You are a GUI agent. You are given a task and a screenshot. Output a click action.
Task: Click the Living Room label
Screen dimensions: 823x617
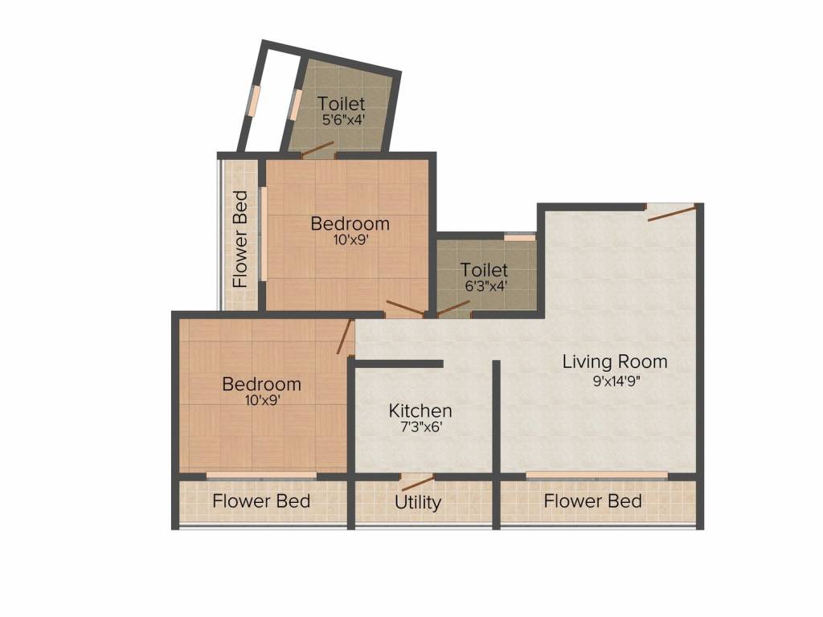615,362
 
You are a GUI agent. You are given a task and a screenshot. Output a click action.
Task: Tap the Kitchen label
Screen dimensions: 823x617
420,411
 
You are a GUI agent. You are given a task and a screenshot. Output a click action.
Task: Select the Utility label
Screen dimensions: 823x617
418,503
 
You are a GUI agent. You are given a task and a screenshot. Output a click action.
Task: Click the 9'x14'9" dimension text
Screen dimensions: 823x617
616,381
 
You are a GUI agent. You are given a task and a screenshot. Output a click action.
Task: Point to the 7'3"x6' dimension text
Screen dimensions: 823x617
420,427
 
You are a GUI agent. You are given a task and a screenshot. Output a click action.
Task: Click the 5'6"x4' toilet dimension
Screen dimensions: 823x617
343,120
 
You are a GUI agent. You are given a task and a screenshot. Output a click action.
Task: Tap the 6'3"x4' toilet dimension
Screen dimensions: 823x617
485,286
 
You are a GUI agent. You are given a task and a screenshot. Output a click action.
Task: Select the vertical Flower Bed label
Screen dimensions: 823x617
240,239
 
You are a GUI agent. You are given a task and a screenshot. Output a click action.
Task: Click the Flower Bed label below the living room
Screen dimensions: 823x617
592,501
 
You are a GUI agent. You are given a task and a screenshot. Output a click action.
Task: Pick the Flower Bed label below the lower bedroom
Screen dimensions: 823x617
261,501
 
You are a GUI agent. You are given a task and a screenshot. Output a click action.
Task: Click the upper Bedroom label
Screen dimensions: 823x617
350,223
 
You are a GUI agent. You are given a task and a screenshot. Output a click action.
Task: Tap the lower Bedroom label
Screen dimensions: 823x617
261,384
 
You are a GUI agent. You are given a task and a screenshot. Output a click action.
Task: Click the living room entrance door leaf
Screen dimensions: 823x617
673,212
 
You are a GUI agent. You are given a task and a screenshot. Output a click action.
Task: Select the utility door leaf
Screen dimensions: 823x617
418,483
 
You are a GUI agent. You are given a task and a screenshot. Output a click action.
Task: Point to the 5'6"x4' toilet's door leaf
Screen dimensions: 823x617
317,149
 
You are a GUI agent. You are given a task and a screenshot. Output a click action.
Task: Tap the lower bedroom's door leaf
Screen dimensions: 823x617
344,337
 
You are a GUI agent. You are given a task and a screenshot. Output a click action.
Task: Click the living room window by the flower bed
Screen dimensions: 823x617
597,476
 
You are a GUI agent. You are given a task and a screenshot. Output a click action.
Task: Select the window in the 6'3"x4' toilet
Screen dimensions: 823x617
520,237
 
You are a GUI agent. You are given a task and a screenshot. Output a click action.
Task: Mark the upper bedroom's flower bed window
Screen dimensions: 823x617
264,234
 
